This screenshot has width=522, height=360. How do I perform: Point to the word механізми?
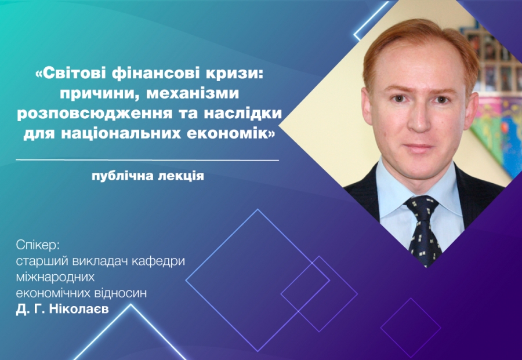pos(193,93)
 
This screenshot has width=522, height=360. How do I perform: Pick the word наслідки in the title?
pos(242,113)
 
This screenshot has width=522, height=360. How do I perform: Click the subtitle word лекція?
pos(185,176)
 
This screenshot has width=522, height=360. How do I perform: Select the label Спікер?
pos(37,246)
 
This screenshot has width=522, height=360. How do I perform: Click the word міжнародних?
pos(55,278)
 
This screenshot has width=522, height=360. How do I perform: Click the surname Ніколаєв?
pos(79,309)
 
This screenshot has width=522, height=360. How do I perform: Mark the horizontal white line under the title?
pos(147,161)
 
